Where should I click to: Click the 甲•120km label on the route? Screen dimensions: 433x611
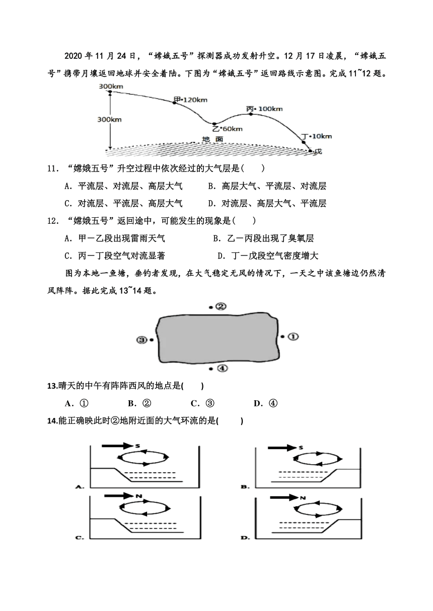click(x=190, y=100)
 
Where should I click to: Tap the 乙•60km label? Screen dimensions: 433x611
click(x=228, y=129)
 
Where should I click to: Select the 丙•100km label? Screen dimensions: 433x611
click(x=264, y=109)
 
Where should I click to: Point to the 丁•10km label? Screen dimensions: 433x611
click(x=316, y=136)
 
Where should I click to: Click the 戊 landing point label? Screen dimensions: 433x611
click(x=318, y=151)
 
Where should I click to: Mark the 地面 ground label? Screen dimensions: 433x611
click(x=212, y=139)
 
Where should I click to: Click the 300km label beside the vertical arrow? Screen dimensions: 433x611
click(x=109, y=120)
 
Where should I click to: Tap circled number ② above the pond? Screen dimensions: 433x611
click(x=221, y=307)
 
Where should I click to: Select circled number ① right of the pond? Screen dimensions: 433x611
click(x=293, y=336)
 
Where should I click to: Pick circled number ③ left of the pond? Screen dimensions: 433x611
click(x=141, y=340)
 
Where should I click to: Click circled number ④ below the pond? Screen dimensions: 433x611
click(x=222, y=369)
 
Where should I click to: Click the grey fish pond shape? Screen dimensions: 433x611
click(x=218, y=338)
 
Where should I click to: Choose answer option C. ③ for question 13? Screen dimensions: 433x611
click(x=202, y=403)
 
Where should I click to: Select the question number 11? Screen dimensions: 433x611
click(x=53, y=169)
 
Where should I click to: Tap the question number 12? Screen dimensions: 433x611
click(x=53, y=221)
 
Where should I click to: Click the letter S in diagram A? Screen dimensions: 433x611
click(x=137, y=446)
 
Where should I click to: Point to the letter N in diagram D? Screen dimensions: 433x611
click(x=303, y=498)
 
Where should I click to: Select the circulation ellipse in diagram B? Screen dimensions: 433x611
click(x=318, y=459)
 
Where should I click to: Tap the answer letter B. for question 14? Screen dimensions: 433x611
click(x=244, y=487)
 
